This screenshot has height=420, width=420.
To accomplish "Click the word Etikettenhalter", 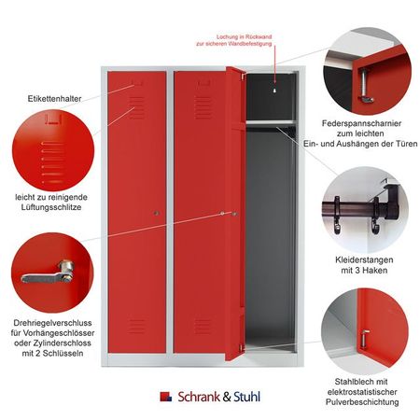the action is pos(54,99).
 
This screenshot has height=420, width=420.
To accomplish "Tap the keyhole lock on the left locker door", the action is pos(157,214).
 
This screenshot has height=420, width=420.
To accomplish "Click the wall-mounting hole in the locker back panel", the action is pos(274,91).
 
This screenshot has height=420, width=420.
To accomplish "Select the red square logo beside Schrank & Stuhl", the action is pos(165,397).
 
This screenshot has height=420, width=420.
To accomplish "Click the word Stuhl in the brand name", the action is pos(246,397).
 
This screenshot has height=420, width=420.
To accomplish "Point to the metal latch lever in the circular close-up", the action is pos(49,273).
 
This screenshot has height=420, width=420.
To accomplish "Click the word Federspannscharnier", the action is pos(361,123).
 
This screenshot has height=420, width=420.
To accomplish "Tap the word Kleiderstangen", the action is pos(364,259).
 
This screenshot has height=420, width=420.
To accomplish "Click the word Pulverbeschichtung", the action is pos(362,401).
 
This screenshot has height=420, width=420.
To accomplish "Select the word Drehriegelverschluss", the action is pos(52,323).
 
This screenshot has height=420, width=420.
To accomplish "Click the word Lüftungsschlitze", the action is pos(51,207).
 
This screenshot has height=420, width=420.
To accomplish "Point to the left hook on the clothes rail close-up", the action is pos(337,215).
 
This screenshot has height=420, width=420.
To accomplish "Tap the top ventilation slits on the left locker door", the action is pos(136,107).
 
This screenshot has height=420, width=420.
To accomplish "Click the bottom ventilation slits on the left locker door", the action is pos(136,326).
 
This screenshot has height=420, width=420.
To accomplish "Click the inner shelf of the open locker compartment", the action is pos(270,122).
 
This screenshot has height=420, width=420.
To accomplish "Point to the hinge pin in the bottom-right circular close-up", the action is pos(365,339).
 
